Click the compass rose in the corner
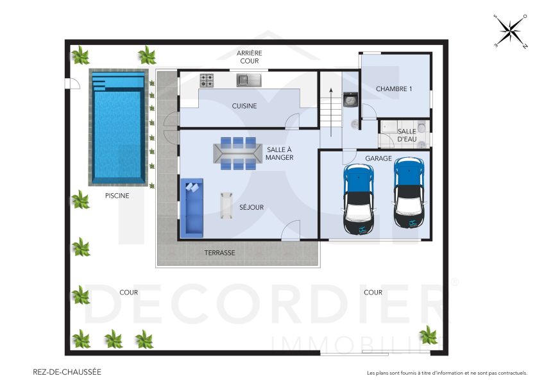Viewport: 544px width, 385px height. click(x=511, y=31)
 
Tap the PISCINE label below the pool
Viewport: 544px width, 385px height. click(x=117, y=196)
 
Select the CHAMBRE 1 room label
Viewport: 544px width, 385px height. click(x=393, y=89)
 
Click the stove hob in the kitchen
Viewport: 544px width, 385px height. click(x=207, y=80)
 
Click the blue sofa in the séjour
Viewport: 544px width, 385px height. click(x=192, y=207)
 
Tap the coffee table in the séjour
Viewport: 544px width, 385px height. click(x=226, y=205)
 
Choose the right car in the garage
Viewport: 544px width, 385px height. click(x=409, y=193)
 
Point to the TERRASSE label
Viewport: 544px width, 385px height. click(x=220, y=253)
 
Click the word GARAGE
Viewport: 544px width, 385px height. click(x=378, y=158)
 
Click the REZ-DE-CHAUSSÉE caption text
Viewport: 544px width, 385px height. click(x=67, y=372)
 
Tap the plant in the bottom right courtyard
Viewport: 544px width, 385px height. click(x=428, y=334)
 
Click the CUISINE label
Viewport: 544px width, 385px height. click(x=244, y=107)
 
